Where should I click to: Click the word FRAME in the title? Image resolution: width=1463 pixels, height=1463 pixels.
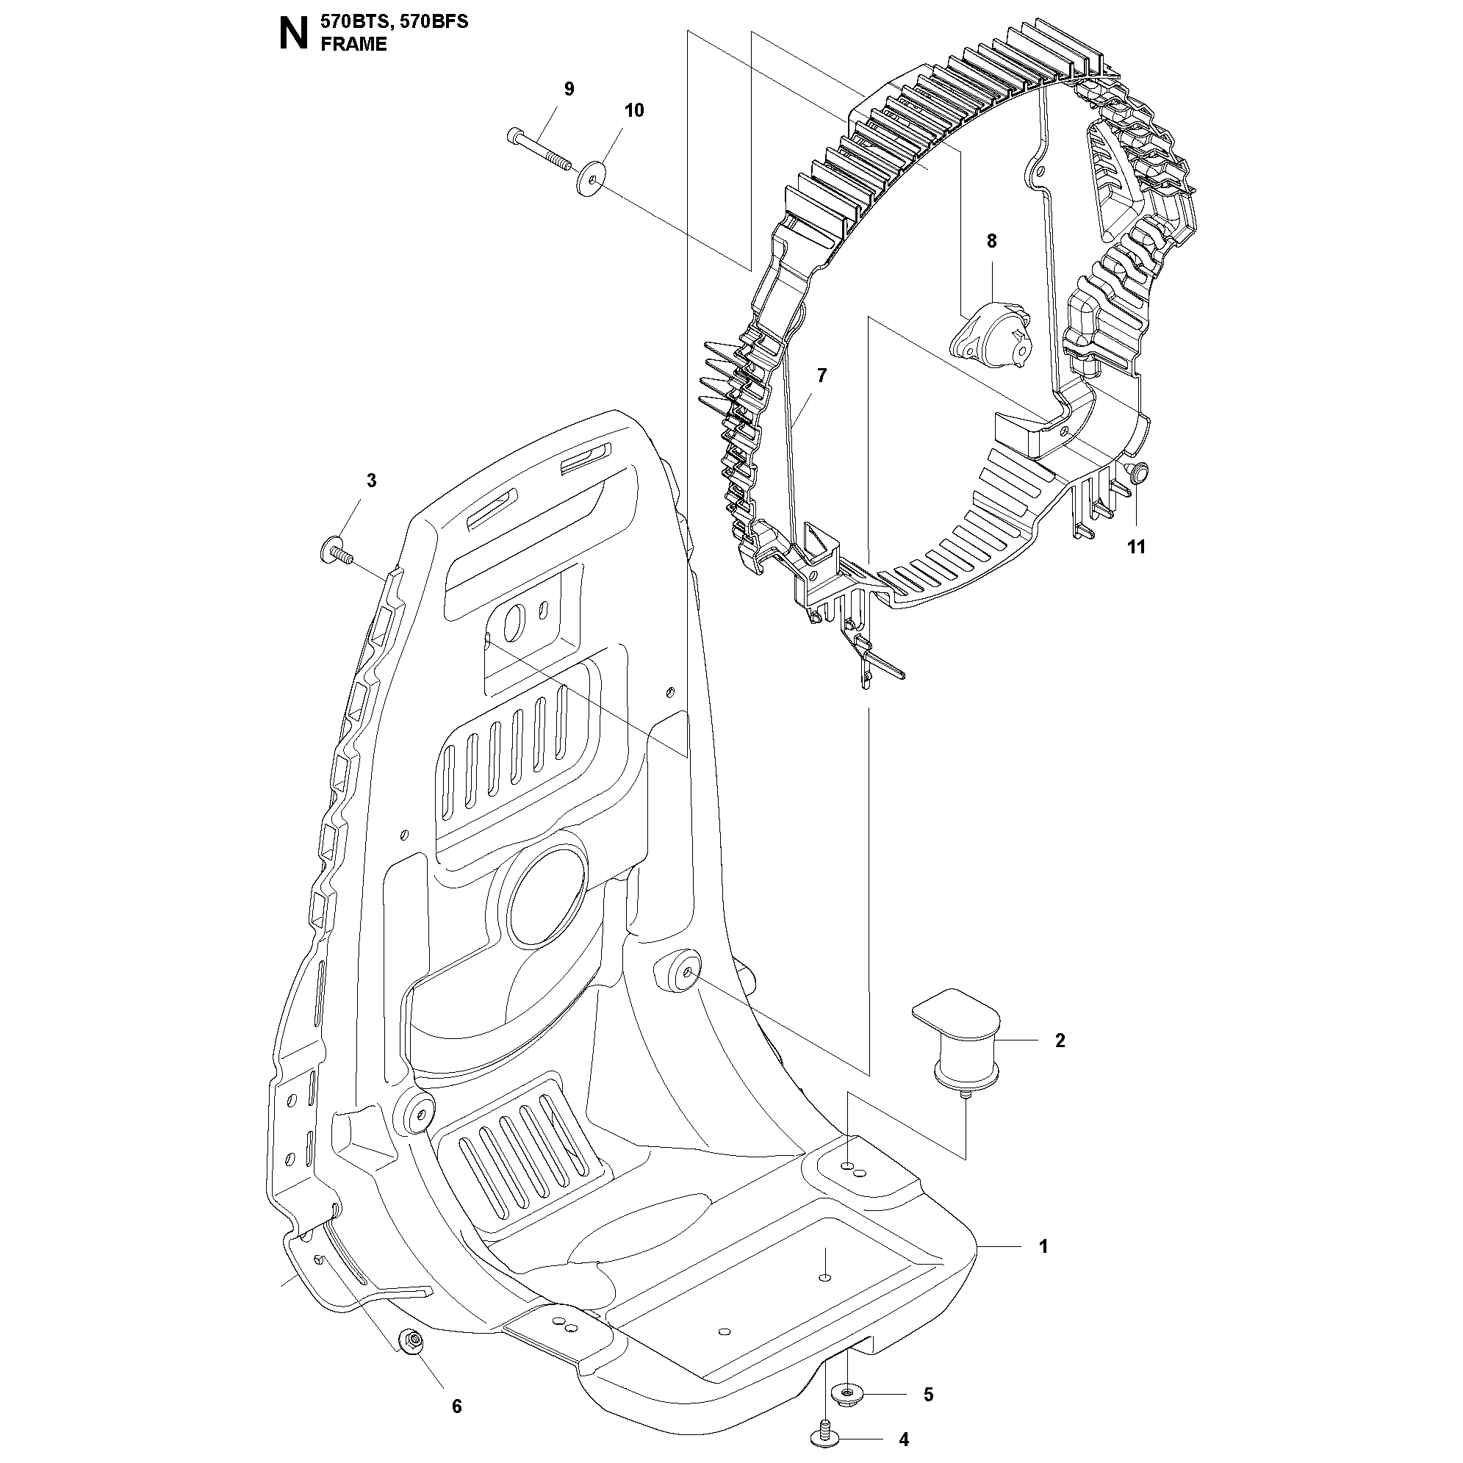(x=353, y=44)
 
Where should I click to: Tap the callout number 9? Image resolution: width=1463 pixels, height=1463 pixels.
(x=569, y=90)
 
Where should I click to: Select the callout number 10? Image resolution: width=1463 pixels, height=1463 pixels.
(x=634, y=110)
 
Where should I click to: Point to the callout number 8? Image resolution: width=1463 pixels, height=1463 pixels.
(x=991, y=242)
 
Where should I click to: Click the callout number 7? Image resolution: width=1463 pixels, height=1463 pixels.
(x=822, y=375)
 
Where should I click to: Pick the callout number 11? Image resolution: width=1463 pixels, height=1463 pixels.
(x=1136, y=547)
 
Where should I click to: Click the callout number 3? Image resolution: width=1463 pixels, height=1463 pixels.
(x=371, y=480)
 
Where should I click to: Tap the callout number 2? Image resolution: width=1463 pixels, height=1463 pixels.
(x=1060, y=1040)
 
